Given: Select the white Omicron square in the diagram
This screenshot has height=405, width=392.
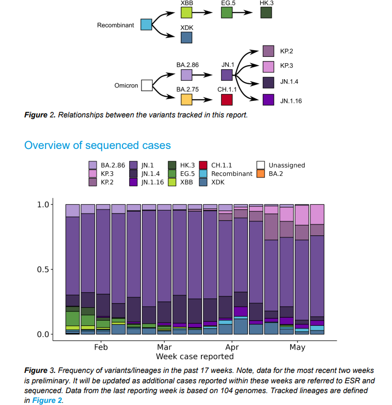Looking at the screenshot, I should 147,85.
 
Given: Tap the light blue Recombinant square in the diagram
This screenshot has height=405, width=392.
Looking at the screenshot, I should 146,24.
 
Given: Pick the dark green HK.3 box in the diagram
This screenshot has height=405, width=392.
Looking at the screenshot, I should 266,12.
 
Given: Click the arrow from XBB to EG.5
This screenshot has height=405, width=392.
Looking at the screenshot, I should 206,12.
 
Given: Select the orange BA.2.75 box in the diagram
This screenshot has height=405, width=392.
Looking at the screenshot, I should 186,99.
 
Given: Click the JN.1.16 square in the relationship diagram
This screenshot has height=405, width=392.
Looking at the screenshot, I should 268,100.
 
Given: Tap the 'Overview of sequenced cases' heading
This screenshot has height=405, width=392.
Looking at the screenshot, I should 98,145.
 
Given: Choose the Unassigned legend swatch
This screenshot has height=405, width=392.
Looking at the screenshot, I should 260,165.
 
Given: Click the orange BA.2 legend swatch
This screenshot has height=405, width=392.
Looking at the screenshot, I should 260,173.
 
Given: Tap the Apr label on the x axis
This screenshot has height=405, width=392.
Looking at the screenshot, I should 232,348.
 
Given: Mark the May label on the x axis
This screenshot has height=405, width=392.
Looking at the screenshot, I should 297,348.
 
